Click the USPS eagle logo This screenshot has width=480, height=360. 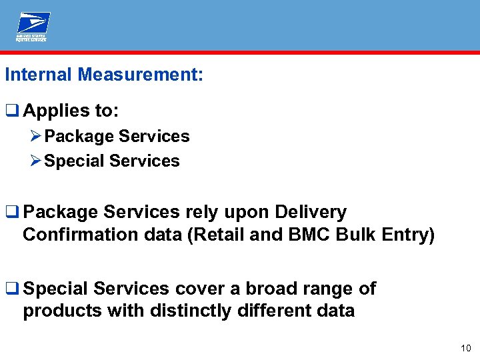pyautogui.click(x=33, y=27)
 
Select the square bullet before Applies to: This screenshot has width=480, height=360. pyautogui.click(x=11, y=111)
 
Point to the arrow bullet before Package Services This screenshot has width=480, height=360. pyautogui.click(x=37, y=137)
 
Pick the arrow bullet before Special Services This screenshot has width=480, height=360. pyautogui.click(x=37, y=161)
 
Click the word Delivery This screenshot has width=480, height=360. pyautogui.click(x=311, y=213)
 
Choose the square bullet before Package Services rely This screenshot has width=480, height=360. pyautogui.click(x=11, y=213)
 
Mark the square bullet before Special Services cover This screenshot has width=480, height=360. pyautogui.click(x=11, y=289)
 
